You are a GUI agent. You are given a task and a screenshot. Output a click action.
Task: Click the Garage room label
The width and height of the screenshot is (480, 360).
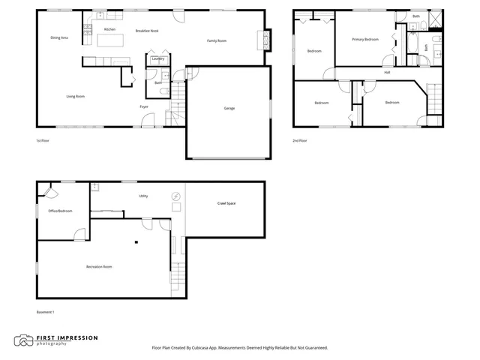229,108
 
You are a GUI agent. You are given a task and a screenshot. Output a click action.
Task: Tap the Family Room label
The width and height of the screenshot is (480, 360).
217,40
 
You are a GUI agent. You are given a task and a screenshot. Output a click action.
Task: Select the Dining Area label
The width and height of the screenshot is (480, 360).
59,37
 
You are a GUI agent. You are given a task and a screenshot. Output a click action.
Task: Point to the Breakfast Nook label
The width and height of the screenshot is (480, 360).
147,31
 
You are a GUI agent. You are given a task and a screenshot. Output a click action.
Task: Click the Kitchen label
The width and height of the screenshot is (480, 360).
109,29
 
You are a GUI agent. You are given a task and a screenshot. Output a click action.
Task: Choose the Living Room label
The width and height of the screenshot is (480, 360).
75,96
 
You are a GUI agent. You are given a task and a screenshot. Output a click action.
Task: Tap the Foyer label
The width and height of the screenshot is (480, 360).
143,106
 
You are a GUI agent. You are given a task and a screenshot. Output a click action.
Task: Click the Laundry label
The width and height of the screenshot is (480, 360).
158,58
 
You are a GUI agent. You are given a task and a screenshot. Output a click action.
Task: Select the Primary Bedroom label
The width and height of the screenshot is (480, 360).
365,39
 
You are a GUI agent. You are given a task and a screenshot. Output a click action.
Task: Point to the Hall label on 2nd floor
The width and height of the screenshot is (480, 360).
387,73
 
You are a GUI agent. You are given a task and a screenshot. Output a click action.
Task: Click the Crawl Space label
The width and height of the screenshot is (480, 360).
226,203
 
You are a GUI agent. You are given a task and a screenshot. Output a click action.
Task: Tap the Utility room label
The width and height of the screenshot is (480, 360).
143,196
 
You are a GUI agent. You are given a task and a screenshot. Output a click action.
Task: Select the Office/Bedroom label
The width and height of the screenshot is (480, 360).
60,211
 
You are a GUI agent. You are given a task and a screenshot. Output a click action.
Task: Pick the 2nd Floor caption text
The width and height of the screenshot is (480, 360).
301,140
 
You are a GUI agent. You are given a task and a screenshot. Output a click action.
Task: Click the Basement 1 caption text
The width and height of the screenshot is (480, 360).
46,312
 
